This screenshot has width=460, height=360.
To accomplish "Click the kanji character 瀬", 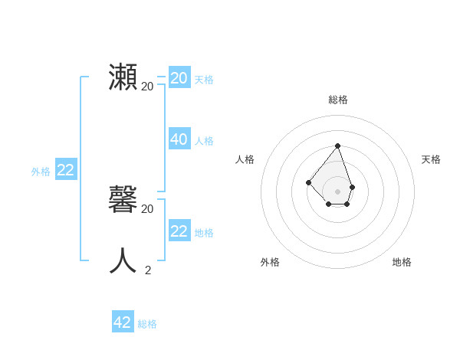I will (123, 78).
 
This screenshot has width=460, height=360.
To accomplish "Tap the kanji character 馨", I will (123, 201).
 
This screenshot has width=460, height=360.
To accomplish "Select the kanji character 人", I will (123, 261).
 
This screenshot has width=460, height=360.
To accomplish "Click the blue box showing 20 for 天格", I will (179, 78).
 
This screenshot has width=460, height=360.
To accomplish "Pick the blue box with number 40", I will (179, 139).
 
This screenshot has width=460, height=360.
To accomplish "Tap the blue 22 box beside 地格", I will (179, 231).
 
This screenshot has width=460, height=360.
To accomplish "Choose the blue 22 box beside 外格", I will (65, 170).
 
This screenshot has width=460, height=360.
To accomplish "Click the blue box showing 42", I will (123, 322).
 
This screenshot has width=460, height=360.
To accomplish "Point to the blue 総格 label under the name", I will (147, 324).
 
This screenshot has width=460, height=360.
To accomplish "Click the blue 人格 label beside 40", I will (204, 141).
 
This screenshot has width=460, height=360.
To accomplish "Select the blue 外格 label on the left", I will (41, 172).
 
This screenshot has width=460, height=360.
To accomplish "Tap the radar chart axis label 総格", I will (338, 100).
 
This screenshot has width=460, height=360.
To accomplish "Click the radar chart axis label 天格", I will (431, 159).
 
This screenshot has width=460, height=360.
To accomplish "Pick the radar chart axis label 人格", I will (245, 159).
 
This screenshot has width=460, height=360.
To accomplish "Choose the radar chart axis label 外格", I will (270, 262).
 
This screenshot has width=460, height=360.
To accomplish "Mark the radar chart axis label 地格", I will (402, 262).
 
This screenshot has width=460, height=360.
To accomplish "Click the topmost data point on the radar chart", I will (337, 146).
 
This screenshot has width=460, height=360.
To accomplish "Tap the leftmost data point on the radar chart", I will (308, 182).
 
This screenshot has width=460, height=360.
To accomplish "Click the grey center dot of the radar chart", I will (337, 191).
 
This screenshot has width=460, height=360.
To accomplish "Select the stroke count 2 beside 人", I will (147, 270).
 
